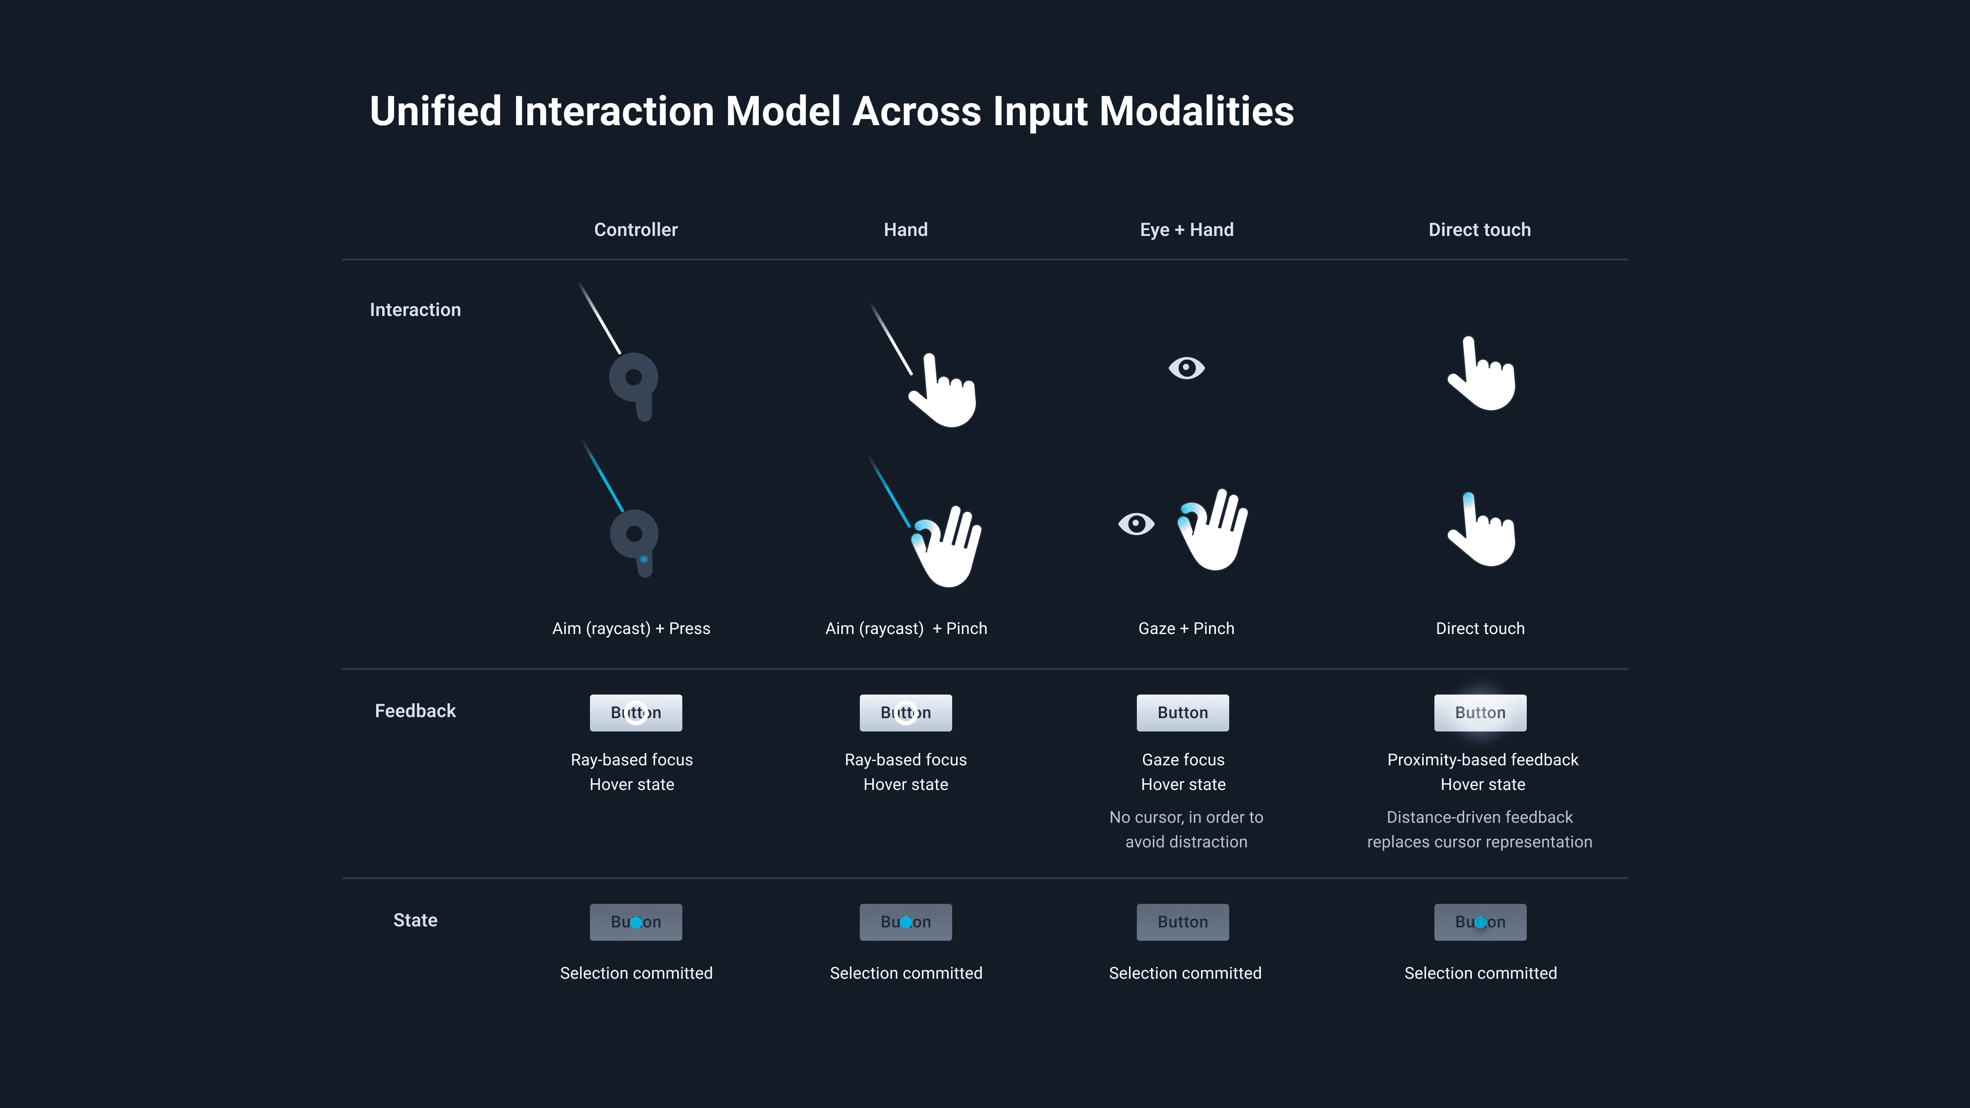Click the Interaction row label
click(415, 310)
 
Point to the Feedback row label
click(415, 711)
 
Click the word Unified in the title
click(435, 112)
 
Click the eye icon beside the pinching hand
click(1136, 524)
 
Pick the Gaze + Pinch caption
click(1186, 628)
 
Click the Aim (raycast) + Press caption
click(631, 628)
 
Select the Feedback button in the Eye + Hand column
click(1183, 713)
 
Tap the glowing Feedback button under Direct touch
click(1480, 713)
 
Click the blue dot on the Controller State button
click(636, 923)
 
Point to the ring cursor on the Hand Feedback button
click(905, 713)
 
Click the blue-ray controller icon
click(634, 539)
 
